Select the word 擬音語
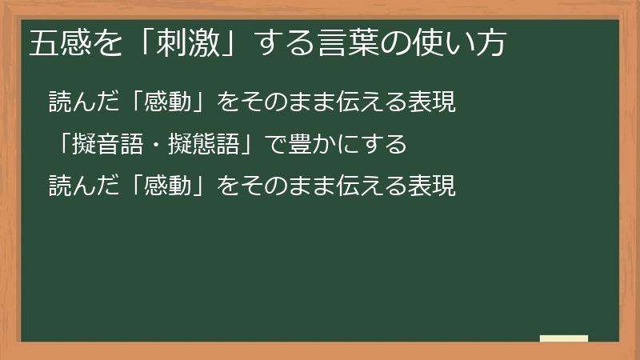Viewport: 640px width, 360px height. pos(114,145)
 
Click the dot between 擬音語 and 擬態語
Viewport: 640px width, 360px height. pos(160,145)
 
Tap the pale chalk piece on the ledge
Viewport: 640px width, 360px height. pos(564,338)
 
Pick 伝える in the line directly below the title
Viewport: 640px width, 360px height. pos(362,103)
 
